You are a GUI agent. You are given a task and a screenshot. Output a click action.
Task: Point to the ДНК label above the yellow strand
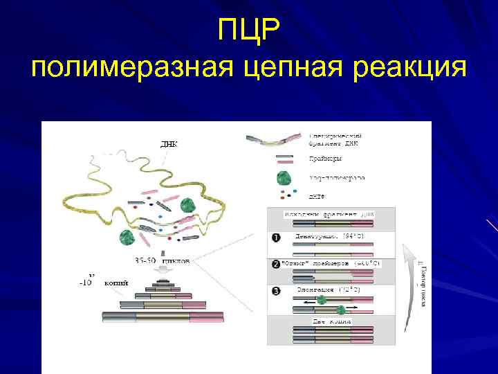(x=169, y=145)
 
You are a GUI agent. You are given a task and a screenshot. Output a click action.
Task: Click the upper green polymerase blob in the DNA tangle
(x=188, y=206)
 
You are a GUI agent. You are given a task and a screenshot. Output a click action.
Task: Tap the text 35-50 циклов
(x=164, y=261)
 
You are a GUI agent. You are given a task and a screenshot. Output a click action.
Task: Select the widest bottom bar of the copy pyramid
(x=163, y=317)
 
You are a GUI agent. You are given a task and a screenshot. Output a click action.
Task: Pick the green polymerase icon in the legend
(x=282, y=178)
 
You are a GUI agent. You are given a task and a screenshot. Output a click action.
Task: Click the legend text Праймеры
(x=325, y=159)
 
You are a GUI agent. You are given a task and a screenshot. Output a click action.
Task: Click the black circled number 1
(x=276, y=238)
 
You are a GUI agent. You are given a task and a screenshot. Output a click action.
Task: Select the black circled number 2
(x=276, y=265)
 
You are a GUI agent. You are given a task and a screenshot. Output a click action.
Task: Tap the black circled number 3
(x=276, y=291)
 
